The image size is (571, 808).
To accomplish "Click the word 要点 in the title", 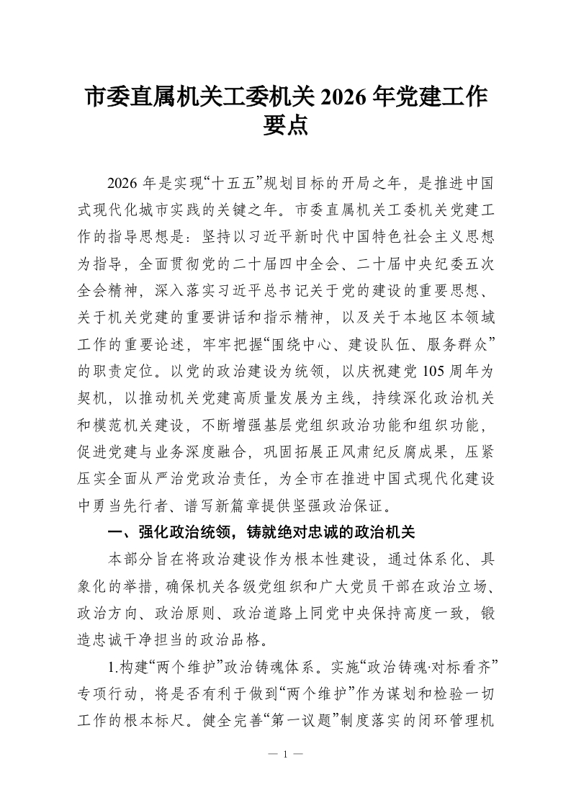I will (286, 125).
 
